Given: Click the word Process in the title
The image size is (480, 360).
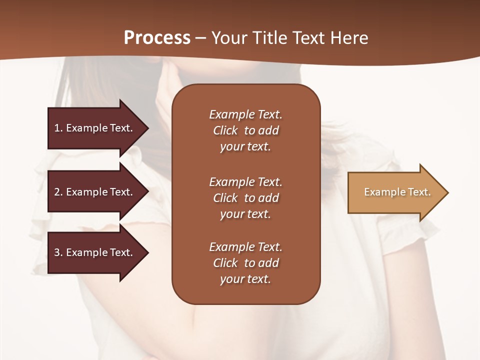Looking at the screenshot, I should [x=157, y=38].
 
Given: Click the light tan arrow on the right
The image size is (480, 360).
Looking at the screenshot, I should [x=395, y=192].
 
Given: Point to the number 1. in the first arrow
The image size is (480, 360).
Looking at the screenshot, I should [x=58, y=128].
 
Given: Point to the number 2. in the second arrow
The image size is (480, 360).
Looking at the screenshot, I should [x=58, y=192].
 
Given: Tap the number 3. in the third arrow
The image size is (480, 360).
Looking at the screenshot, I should [x=58, y=252].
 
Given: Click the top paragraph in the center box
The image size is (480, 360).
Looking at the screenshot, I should [x=245, y=130].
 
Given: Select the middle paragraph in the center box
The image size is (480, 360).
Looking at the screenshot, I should [x=245, y=198].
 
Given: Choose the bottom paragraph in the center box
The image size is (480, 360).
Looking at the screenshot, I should [x=245, y=263].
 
